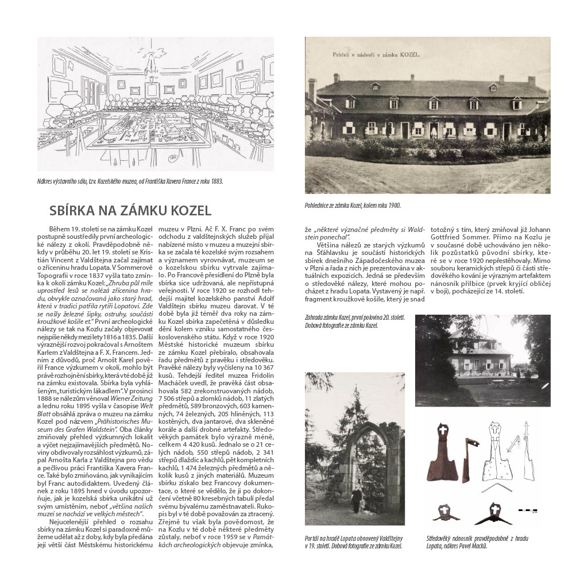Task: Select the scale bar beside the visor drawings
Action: coord(527,510)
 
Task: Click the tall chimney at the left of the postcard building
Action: coord(312,90)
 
